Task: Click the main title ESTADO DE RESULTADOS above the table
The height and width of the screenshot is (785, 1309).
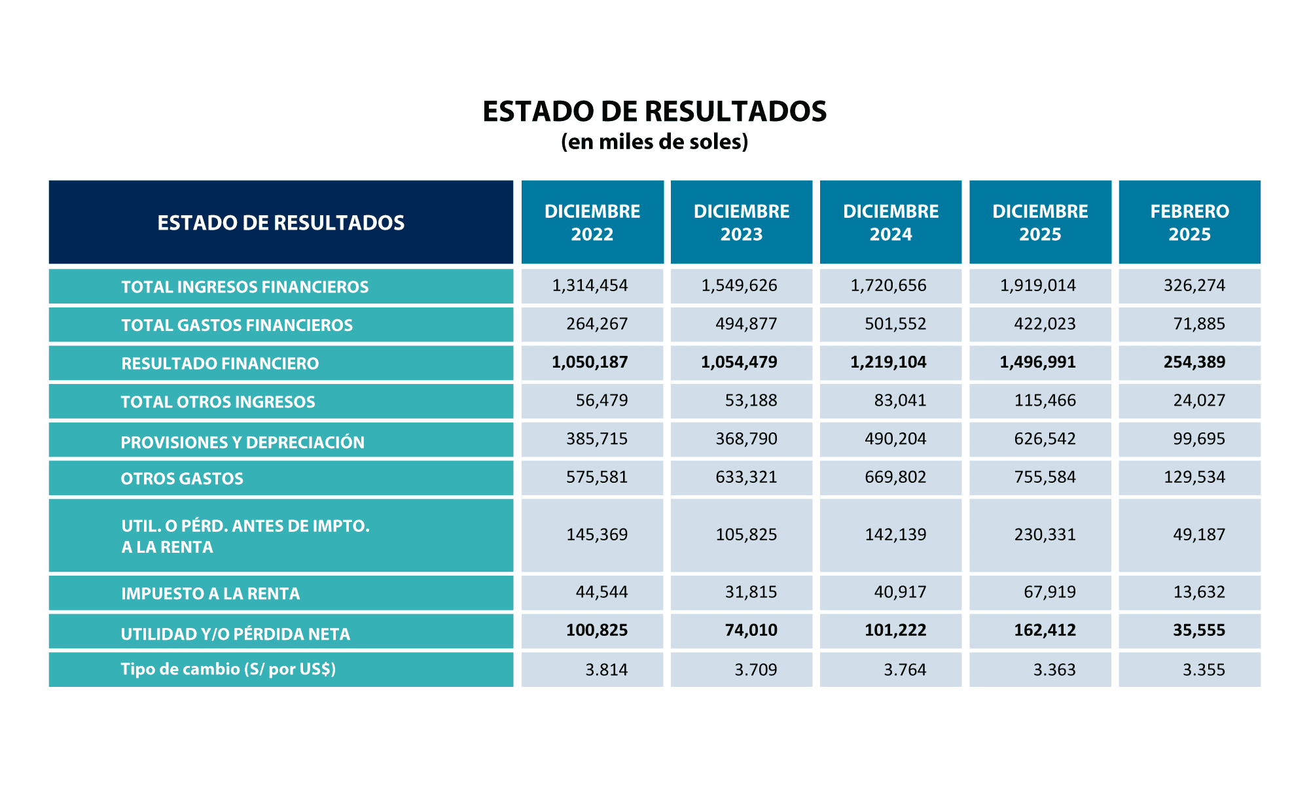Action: coord(654,112)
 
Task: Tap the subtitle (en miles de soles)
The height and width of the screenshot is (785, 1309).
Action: coord(654,142)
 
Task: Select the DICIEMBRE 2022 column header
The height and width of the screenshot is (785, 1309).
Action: coord(592,222)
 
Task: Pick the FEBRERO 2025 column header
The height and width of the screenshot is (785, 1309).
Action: coord(1189,222)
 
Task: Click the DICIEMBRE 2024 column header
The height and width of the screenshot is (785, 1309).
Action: coord(891,222)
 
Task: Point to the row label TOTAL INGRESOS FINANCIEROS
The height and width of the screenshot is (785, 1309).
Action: coord(245,287)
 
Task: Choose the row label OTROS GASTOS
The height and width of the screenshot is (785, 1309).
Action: coord(182,479)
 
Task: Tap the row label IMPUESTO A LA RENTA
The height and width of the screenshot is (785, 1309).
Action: coord(210,594)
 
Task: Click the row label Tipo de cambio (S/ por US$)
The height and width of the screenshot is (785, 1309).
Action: coord(228,669)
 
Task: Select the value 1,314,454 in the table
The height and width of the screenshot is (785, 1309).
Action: coord(590,286)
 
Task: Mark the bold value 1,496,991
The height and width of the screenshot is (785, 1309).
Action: coord(1037,362)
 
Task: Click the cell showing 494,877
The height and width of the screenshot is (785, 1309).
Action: coord(746,324)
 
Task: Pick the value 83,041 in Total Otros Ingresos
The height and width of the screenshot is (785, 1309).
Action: coord(900,401)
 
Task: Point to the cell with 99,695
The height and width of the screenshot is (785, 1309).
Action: coord(1198,439)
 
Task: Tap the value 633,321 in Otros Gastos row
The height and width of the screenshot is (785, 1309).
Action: coord(746,478)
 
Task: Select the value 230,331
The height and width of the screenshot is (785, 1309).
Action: coord(1045,535)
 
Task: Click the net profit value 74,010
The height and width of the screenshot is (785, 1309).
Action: coord(751,631)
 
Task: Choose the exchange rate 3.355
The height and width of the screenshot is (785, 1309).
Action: coord(1204,670)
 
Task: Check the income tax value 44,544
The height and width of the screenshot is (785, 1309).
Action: coord(601,593)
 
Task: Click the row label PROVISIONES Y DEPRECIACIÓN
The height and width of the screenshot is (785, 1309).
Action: coord(242,443)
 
